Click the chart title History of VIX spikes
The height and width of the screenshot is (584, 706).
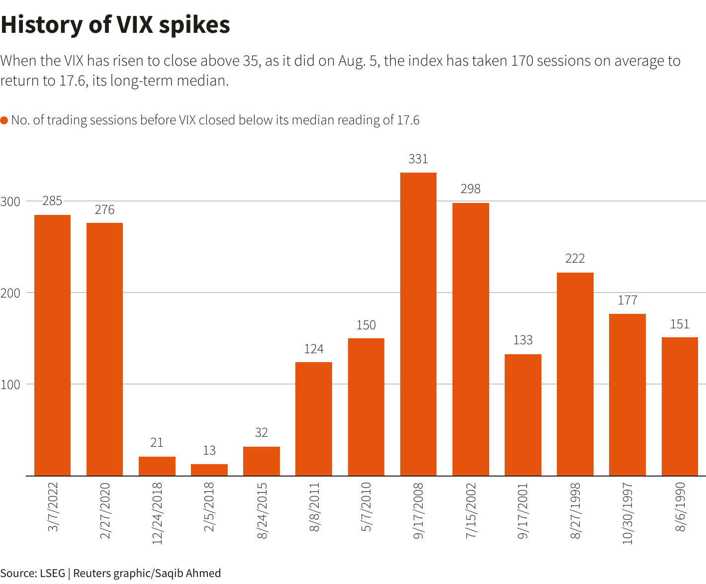[x=115, y=25]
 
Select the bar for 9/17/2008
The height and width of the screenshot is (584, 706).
[x=418, y=323]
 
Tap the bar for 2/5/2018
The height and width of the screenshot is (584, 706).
[x=209, y=470]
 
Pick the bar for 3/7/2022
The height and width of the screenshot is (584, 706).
[x=52, y=345]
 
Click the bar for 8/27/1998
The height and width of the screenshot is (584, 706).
[x=575, y=374]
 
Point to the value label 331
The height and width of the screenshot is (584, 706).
[x=418, y=159]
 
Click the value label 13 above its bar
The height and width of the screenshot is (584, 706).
[x=209, y=451]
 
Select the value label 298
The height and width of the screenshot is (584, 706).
[x=471, y=189]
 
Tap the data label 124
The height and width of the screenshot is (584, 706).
[x=314, y=349]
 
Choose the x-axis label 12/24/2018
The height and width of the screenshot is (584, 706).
[x=157, y=513]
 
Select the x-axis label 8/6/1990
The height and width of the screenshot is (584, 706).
[x=680, y=506]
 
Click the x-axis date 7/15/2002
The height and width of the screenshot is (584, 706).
[x=471, y=510]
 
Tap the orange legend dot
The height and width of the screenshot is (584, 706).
[x=4, y=120]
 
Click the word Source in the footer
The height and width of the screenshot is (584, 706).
[x=16, y=573]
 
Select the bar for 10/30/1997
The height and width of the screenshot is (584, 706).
[x=627, y=394]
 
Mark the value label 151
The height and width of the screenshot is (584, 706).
[x=680, y=324]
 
